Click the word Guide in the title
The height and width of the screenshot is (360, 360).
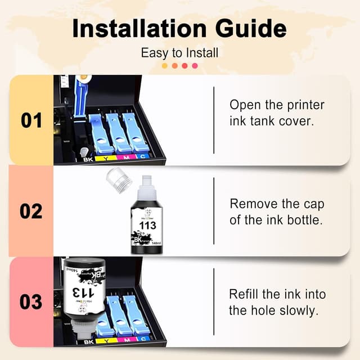coord(251,29)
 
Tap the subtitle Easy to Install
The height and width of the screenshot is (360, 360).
coord(179,53)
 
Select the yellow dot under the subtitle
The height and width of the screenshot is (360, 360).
coord(165,66)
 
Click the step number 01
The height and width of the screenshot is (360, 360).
coord(31,120)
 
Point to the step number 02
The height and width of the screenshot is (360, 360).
coord(31,211)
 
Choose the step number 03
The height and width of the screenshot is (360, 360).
coord(31,302)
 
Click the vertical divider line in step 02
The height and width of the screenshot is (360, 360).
coord(214,211)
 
